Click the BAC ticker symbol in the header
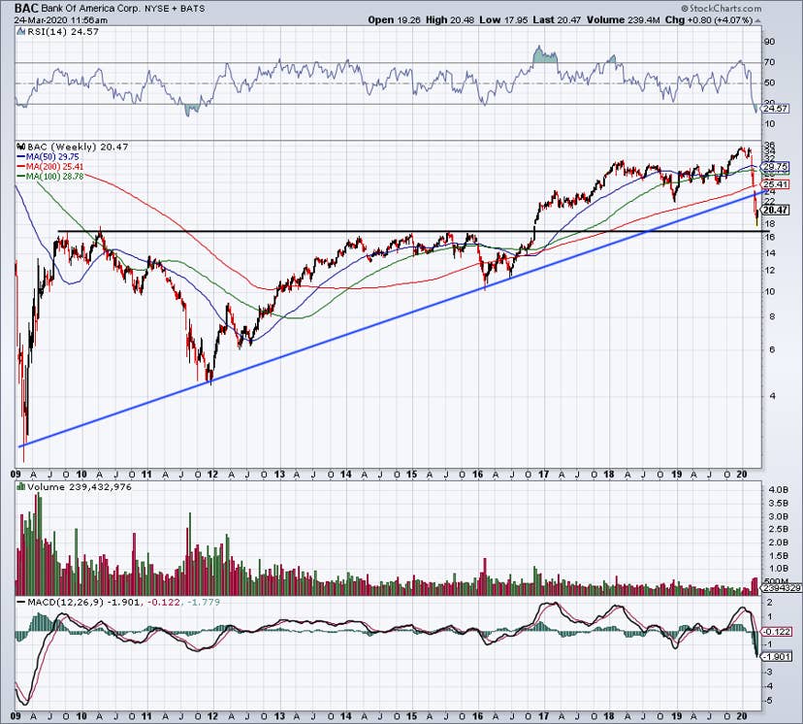click(26, 7)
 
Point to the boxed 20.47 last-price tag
click(776, 210)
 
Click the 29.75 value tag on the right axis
click(776, 166)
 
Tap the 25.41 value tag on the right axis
click(776, 184)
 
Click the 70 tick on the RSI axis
click(770, 63)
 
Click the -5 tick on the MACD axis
click(768, 700)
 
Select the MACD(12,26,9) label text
click(53, 603)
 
